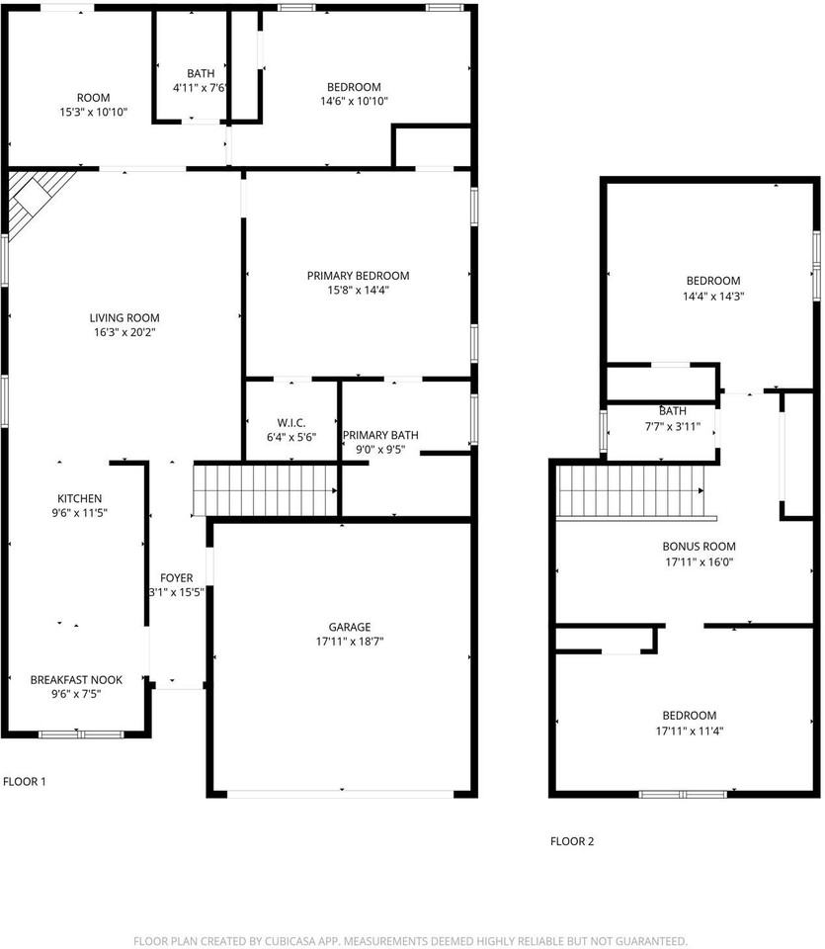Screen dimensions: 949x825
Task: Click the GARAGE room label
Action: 350,627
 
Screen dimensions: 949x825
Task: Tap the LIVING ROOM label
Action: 124,317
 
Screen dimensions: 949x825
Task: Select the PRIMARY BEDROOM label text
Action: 358,276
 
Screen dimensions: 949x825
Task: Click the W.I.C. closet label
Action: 291,422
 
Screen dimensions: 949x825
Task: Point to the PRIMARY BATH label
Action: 380,435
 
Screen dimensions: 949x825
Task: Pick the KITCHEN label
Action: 79,498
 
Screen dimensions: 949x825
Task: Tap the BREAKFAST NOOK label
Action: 76,679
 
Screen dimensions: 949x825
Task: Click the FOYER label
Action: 177,578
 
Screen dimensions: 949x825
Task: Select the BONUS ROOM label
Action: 699,546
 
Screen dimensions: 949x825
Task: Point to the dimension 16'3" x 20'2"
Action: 124,332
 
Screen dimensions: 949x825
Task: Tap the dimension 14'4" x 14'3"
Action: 712,296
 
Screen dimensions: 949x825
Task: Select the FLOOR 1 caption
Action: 25,782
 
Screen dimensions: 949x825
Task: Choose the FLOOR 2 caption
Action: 572,842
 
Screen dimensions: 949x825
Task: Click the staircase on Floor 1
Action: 266,489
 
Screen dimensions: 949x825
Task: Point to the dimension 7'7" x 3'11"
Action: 672,427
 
